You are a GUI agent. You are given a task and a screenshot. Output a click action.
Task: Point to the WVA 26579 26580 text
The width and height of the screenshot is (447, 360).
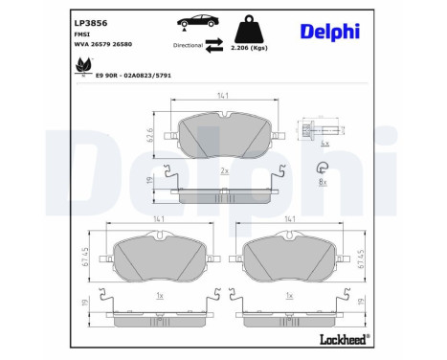point(106,43)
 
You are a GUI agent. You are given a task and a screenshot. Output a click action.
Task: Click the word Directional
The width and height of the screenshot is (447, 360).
point(189,45)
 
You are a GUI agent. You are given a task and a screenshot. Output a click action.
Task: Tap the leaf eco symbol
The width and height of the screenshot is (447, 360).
point(82,66)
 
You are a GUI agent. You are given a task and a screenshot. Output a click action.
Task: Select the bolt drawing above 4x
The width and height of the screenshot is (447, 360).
point(312,132)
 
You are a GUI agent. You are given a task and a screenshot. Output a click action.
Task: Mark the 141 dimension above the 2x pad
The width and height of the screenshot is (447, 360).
point(223,96)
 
